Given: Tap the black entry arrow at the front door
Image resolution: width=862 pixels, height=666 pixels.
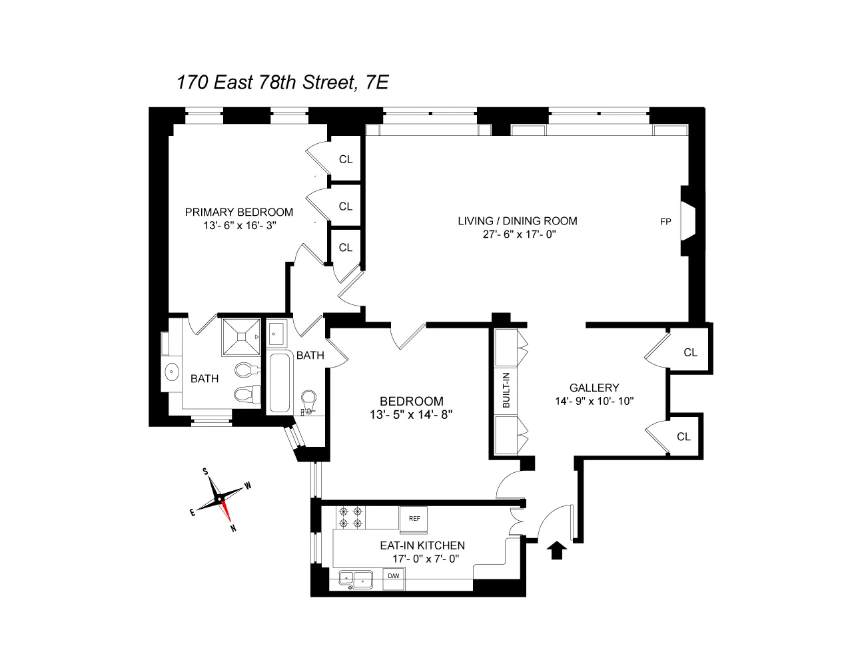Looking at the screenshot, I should coord(557,550).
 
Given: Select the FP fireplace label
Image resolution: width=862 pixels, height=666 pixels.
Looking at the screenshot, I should coord(665,222).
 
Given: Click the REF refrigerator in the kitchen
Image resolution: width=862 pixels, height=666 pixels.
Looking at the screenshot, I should coord(414,519).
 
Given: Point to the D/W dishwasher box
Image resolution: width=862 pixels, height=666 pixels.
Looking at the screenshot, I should coord(393,576).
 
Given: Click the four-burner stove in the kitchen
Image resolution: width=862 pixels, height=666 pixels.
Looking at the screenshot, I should coord(350,517).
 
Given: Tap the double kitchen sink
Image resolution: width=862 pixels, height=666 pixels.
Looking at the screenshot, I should coord(355,579).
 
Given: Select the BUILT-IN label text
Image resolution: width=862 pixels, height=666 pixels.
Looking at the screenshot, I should coord(506,390).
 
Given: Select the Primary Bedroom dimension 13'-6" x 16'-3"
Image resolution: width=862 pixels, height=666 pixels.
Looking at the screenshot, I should coord(239,226).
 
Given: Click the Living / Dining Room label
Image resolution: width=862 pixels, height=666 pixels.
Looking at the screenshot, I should coord(517,221).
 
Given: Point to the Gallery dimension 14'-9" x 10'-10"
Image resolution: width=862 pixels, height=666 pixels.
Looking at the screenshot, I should coord(594,401).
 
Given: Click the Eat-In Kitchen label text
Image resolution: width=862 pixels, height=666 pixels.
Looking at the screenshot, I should coord(422,545).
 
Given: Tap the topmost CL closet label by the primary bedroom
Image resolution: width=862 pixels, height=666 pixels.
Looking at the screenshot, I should coord(345,159).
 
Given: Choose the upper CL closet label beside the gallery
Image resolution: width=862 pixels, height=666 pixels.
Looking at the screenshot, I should coord(690,352).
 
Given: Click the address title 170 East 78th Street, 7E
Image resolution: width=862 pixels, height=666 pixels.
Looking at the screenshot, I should coord(282,82).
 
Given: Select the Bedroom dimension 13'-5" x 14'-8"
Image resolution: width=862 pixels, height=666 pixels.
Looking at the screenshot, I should coord(411,414).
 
